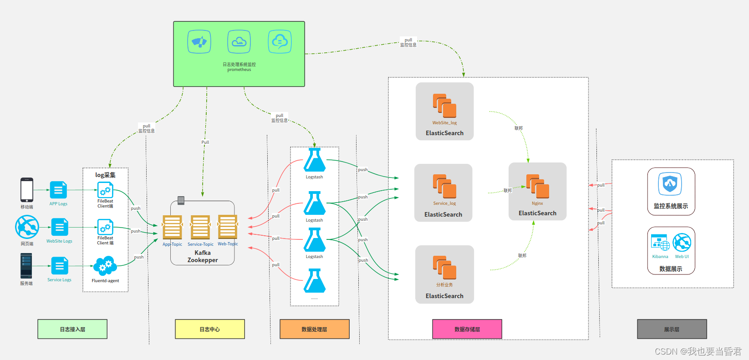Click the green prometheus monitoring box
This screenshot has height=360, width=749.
point(239,54)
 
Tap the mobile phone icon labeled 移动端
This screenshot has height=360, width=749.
point(27,189)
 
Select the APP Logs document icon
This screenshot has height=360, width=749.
point(58,190)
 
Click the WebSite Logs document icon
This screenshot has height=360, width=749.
point(60,227)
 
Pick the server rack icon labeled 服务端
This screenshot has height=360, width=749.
point(26,266)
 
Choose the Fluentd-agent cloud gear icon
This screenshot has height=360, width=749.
point(105,266)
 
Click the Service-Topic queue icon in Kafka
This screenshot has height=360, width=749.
point(200,227)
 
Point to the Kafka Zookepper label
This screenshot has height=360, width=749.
point(203,256)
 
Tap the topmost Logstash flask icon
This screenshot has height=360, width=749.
point(314,160)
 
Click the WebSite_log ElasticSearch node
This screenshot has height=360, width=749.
point(444,111)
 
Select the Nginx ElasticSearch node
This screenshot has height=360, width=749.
point(537,191)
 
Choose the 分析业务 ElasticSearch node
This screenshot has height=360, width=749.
point(444,274)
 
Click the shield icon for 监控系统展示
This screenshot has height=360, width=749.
point(670,184)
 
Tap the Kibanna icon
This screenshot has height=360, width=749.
point(660,243)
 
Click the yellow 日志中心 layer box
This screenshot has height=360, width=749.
point(210,329)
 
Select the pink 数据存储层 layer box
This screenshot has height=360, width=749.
point(467,329)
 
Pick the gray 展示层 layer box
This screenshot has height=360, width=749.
point(672,329)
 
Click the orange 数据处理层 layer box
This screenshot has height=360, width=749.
point(314,329)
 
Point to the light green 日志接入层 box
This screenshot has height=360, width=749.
point(72,329)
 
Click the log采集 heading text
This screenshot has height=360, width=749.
point(105,175)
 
